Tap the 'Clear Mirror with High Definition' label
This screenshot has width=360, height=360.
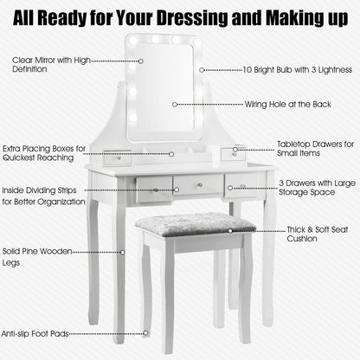click(x=51, y=65)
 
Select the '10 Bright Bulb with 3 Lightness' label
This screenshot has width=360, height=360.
click(x=298, y=70)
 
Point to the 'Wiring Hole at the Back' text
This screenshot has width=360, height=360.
click(x=288, y=105)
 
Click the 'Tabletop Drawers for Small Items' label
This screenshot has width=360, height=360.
click(x=316, y=149)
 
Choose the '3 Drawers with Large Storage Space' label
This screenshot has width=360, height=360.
click(x=317, y=188)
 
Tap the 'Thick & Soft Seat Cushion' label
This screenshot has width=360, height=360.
click(x=318, y=234)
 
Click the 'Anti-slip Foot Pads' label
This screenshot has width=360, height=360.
click(x=35, y=334)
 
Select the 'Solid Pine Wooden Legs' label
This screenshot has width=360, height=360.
click(x=37, y=257)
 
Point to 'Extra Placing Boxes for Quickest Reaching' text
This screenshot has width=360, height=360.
click(x=44, y=153)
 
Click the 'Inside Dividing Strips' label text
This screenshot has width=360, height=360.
click(x=39, y=190)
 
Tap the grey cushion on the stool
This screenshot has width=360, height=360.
click(x=196, y=224)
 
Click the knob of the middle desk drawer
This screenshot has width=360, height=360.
click(x=199, y=185)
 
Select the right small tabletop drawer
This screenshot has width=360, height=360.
click(x=234, y=154)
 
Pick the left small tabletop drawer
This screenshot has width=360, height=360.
click(x=118, y=157)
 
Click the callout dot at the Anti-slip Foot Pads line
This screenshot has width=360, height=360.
click(x=145, y=333)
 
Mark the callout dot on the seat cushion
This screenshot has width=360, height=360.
click(x=230, y=231)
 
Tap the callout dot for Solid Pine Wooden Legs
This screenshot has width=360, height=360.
click(x=123, y=253)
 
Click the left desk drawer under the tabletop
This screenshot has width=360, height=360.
click(x=154, y=190)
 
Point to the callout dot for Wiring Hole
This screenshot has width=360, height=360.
click(x=175, y=105)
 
